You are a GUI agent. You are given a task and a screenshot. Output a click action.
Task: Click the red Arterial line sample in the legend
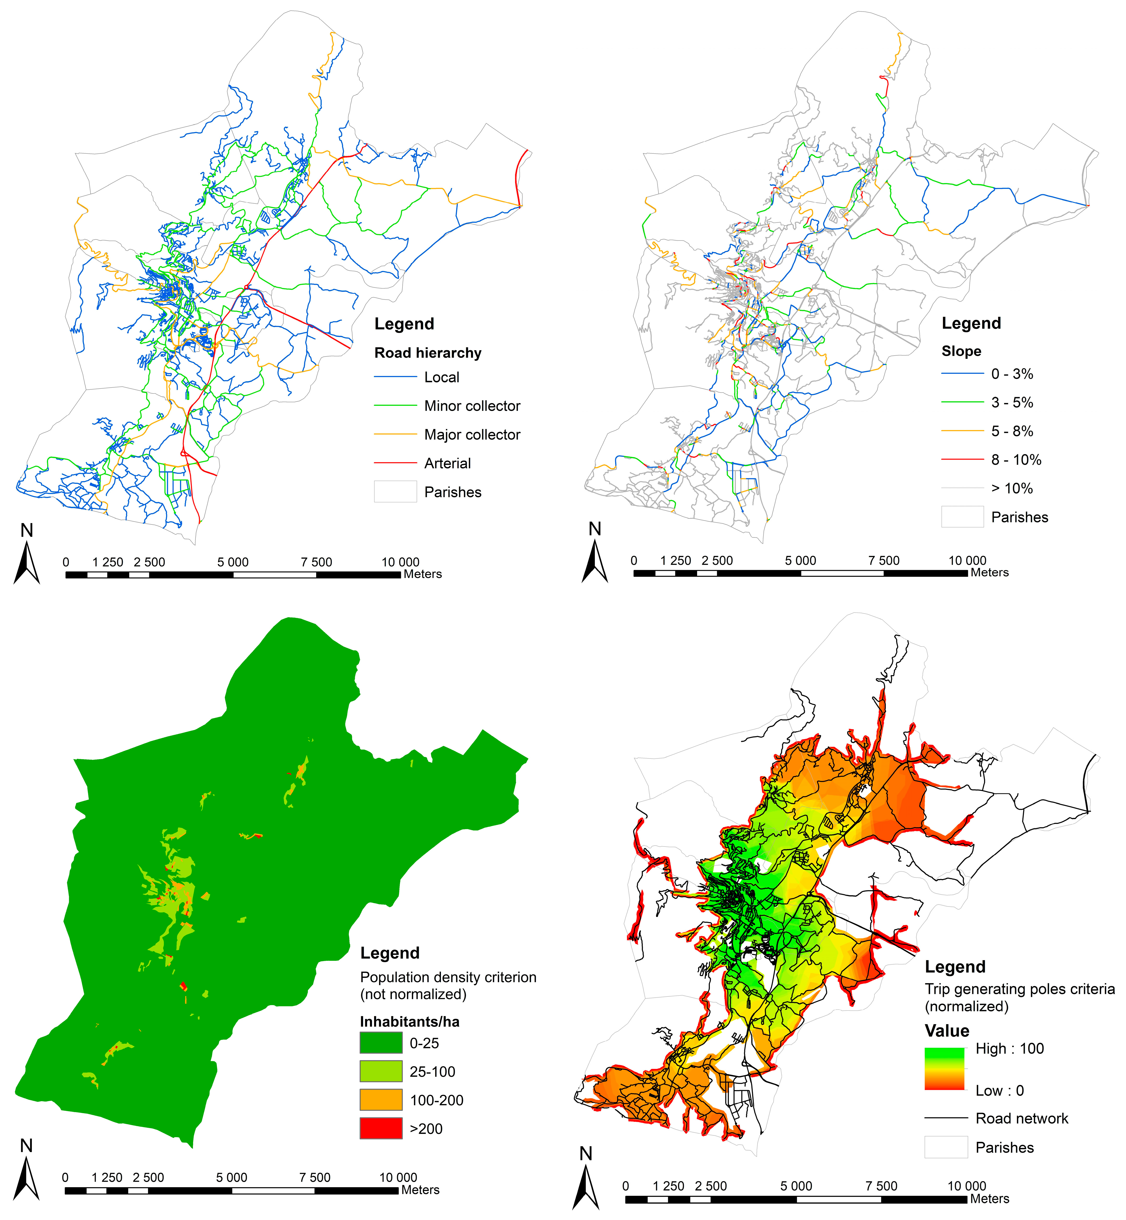point(395,463)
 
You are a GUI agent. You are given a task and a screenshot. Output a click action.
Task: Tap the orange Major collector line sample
point(395,434)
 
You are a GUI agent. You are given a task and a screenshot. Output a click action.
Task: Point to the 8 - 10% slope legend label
point(1016,460)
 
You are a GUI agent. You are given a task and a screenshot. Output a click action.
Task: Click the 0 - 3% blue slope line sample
point(962,373)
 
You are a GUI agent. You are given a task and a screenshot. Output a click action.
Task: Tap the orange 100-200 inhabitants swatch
point(381,1100)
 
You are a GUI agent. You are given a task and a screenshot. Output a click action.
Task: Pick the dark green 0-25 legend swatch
point(381,1042)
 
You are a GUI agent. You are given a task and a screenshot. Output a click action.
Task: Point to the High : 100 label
point(1009,1048)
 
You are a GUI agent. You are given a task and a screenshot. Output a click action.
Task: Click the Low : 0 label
point(999,1090)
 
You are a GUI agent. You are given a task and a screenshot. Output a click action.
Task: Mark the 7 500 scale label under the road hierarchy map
point(316,562)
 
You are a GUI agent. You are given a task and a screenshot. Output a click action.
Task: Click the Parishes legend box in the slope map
point(962,517)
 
